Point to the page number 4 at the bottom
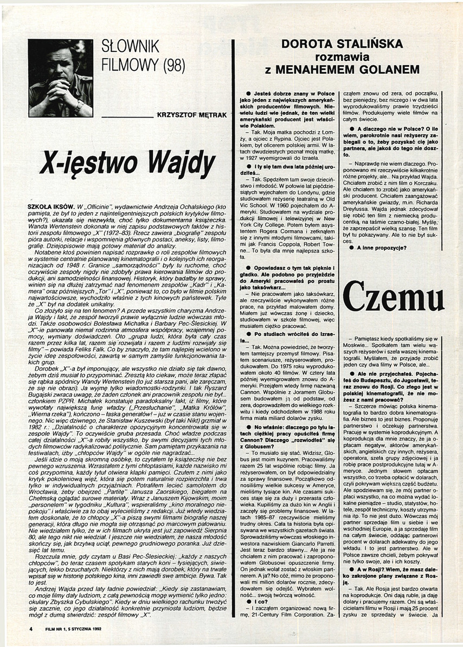point(32,629)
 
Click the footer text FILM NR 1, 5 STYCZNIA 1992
point(73,629)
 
